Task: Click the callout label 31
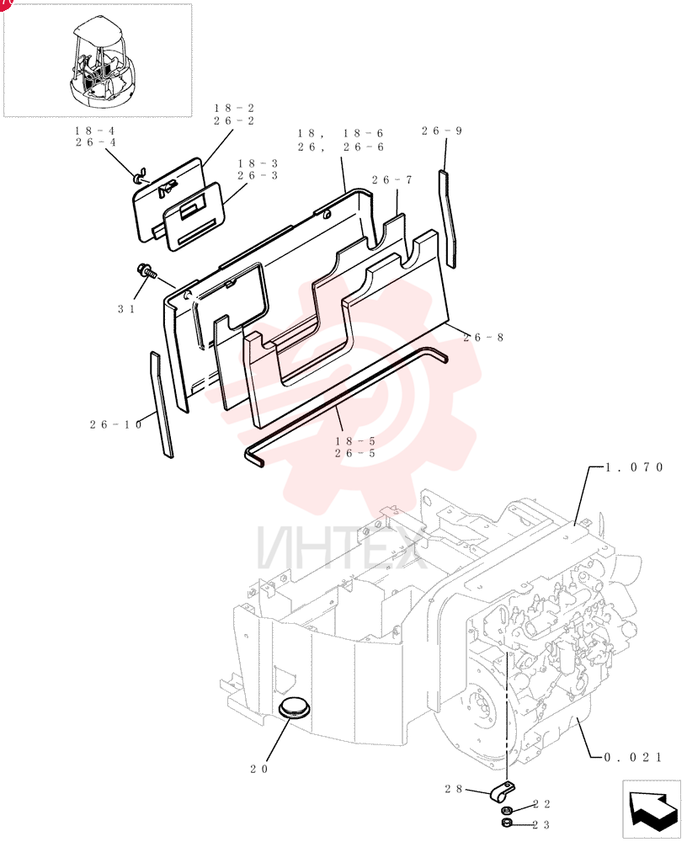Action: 126,309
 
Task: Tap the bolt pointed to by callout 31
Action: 146,271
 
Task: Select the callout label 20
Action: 259,769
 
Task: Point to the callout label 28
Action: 453,788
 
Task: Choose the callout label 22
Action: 541,804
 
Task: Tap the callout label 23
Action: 541,825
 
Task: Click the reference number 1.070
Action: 634,467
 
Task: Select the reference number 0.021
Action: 633,757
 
